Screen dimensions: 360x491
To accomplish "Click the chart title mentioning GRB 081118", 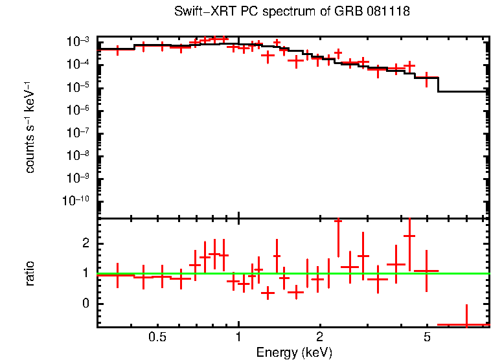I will click(291, 12).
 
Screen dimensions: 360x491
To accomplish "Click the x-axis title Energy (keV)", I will click(294, 352).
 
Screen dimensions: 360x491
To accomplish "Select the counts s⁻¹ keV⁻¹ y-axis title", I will click(30, 128).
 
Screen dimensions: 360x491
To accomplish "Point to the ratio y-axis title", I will click(30, 274).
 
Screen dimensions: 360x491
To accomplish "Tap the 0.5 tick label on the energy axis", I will click(157, 337).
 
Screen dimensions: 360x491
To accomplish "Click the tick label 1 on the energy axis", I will click(239, 337).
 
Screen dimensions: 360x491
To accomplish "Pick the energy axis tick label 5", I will click(427, 337).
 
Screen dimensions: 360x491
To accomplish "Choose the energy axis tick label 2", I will click(320, 337).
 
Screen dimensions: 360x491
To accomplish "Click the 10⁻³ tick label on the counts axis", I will click(78, 42).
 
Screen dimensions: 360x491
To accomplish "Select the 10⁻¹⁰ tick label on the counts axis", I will click(75, 201).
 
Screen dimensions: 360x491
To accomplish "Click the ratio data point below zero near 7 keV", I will click(466, 324).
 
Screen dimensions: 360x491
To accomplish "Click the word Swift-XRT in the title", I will click(205, 12).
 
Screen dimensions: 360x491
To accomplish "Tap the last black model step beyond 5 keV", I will click(462, 91).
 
